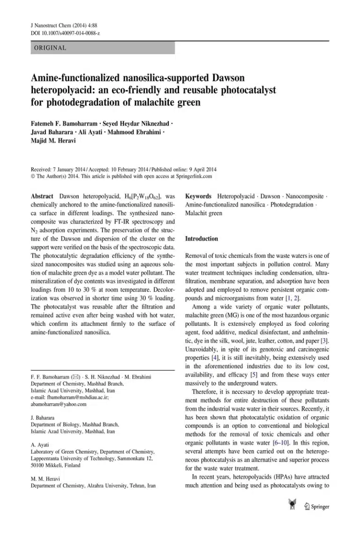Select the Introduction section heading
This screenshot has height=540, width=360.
coord(202,239)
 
